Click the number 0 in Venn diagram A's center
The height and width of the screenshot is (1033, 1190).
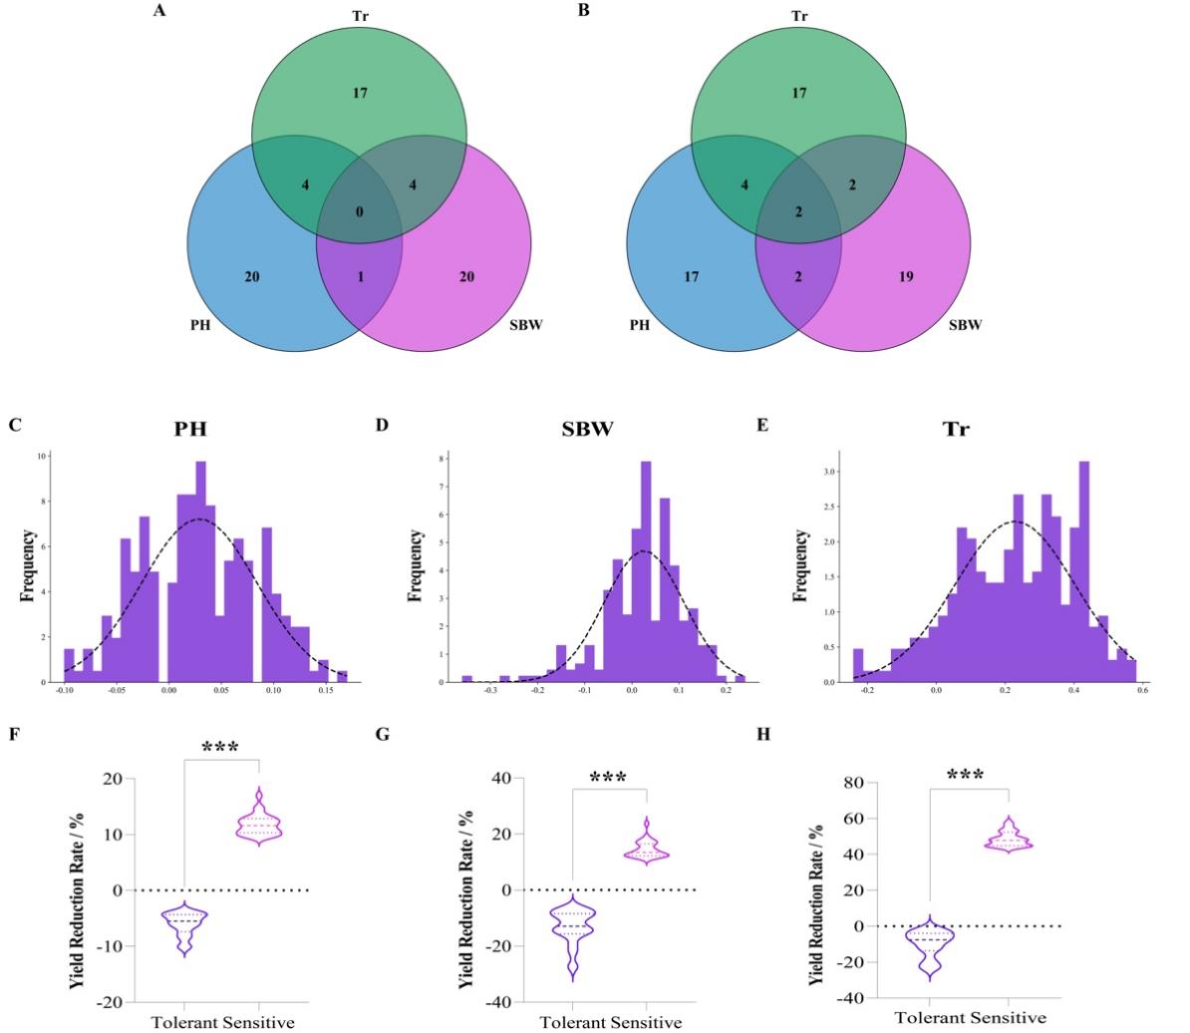point(360,212)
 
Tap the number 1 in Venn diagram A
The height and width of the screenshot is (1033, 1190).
point(360,276)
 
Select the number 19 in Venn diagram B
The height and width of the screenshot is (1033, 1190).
point(905,276)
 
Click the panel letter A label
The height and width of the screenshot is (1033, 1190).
point(159,11)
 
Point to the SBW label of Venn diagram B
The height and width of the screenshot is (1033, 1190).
point(964,326)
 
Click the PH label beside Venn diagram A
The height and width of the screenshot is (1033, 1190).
point(199,326)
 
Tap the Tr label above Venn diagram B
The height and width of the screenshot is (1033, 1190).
point(798,15)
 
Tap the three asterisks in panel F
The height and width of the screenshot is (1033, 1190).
point(220,748)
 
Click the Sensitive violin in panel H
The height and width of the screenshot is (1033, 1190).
point(1008,835)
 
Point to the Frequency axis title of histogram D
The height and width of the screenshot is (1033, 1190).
point(416,566)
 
